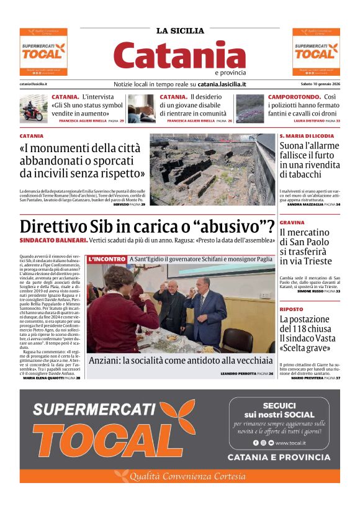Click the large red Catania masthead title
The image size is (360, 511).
(x=180, y=55)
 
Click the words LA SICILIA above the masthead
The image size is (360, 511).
(x=180, y=30)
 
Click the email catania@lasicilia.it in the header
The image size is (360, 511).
(x=34, y=84)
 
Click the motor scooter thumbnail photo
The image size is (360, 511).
(x=34, y=107)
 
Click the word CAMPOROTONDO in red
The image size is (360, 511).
(x=294, y=97)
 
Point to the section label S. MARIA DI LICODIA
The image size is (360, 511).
(x=307, y=135)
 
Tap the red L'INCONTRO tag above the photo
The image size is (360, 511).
(x=107, y=259)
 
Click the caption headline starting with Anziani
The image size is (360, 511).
(x=180, y=361)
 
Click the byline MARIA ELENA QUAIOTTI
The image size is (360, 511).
(x=47, y=378)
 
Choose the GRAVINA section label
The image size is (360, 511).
(x=291, y=222)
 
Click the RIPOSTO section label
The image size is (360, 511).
(x=291, y=309)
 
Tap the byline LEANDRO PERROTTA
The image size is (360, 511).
(x=238, y=374)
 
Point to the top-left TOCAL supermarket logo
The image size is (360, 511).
(x=43, y=52)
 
